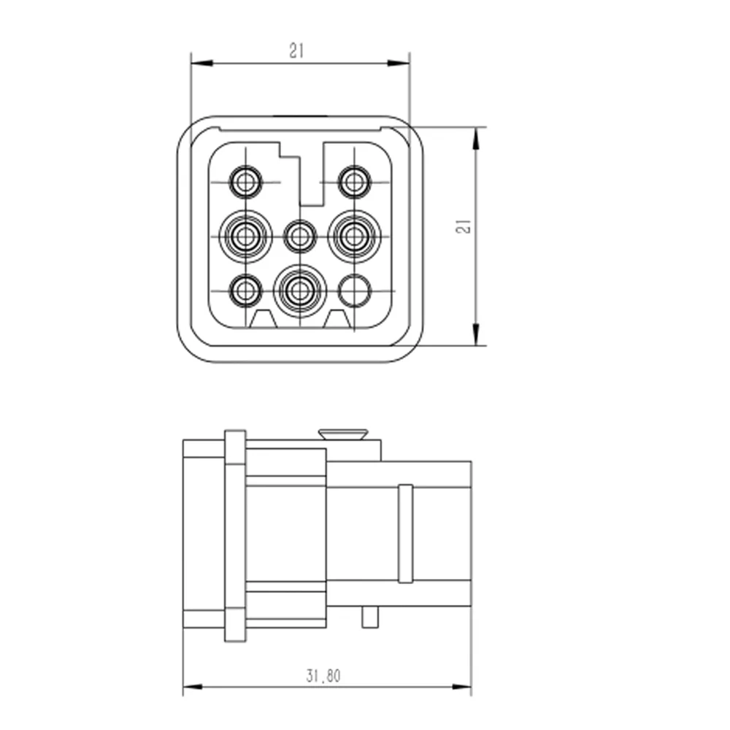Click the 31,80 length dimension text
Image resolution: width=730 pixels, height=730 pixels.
323,675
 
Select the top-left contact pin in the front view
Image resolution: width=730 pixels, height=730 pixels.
246,182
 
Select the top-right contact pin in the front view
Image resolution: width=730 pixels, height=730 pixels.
354,182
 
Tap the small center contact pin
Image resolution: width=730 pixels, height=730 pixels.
300,237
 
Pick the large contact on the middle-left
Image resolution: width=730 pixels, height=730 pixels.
245,237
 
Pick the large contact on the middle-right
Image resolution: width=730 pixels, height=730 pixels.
354,237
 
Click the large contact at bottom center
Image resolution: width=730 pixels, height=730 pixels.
300,291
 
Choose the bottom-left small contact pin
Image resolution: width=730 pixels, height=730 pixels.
246,291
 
